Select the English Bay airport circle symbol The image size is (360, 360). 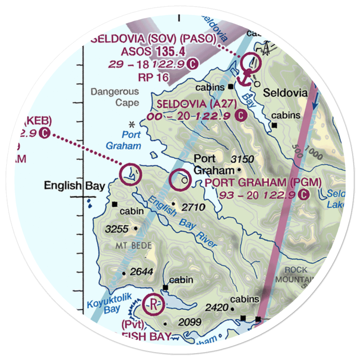click(x=130, y=175)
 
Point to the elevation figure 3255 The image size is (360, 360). click(x=114, y=228)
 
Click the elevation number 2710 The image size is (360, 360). click(x=193, y=207)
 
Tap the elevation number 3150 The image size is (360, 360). click(x=243, y=159)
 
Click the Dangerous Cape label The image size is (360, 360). click(x=114, y=97)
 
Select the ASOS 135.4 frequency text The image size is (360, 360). click(x=153, y=52)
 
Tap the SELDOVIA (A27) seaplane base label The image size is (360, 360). click(x=197, y=104)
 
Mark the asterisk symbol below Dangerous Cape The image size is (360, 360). click(x=132, y=124)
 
